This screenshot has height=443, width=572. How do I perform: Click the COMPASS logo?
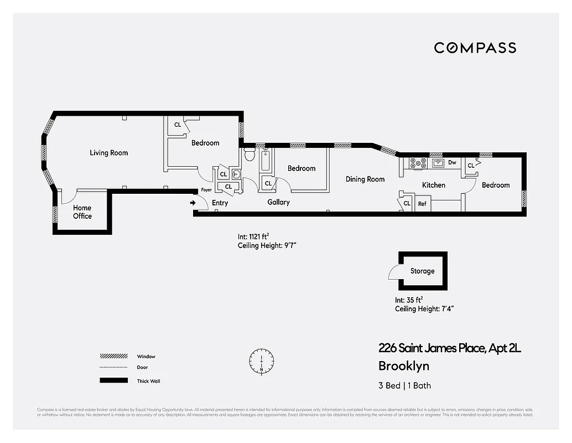tap(475, 48)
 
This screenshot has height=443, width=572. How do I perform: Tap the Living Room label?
tap(108, 153)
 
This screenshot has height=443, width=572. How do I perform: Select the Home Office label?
tap(82, 212)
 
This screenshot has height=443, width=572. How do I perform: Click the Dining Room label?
tap(365, 179)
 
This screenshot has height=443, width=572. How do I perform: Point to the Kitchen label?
tap(433, 185)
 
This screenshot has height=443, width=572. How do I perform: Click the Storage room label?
tap(422, 271)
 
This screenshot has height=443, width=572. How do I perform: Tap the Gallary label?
tap(278, 203)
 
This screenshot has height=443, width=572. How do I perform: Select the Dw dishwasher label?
tap(452, 163)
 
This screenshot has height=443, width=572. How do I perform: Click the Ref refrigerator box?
tap(422, 204)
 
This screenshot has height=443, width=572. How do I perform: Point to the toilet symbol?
tap(249, 154)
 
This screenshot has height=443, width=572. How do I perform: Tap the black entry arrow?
tap(193, 203)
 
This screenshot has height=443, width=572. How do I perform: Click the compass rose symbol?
tap(262, 360)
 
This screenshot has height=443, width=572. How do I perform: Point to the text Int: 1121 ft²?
tap(253, 236)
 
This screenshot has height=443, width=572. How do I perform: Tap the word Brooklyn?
tap(403, 366)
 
